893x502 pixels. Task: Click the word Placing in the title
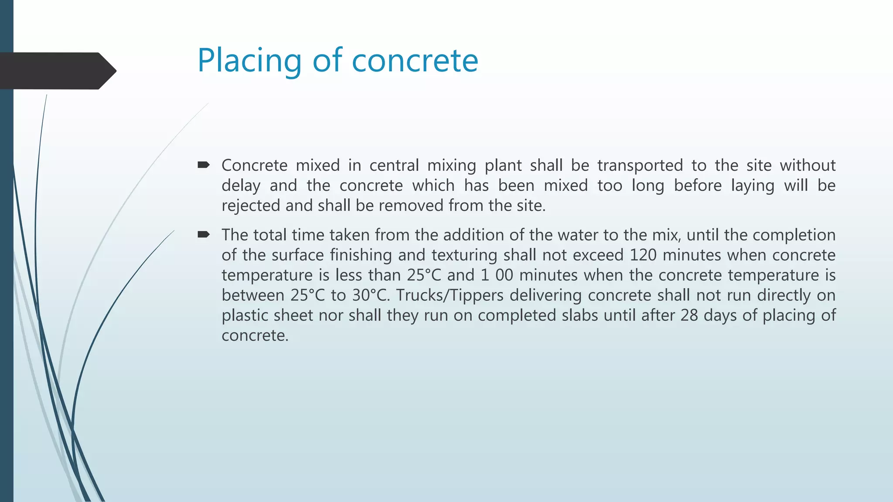(249, 61)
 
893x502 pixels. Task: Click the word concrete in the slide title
(415, 61)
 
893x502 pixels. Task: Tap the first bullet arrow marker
(204, 165)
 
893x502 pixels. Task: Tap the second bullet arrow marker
(204, 235)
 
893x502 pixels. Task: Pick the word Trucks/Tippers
(450, 295)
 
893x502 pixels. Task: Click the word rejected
(251, 206)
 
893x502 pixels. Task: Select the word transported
(640, 166)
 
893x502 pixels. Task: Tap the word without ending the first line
(808, 166)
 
